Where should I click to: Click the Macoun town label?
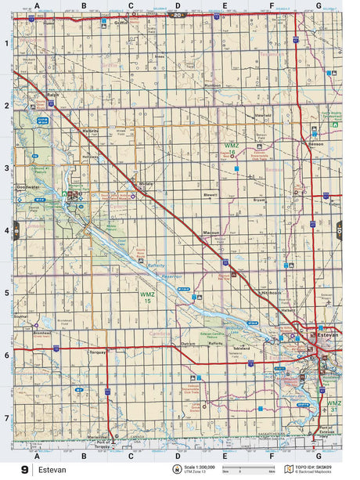[x=211, y=233]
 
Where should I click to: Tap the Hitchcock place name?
[x=272, y=292]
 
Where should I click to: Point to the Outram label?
[x=188, y=343]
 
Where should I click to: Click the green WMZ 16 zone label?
[x=232, y=147]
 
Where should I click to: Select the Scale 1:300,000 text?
[x=200, y=467]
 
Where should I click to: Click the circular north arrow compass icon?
[x=176, y=469]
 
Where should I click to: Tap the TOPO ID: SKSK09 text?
[x=315, y=467]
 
